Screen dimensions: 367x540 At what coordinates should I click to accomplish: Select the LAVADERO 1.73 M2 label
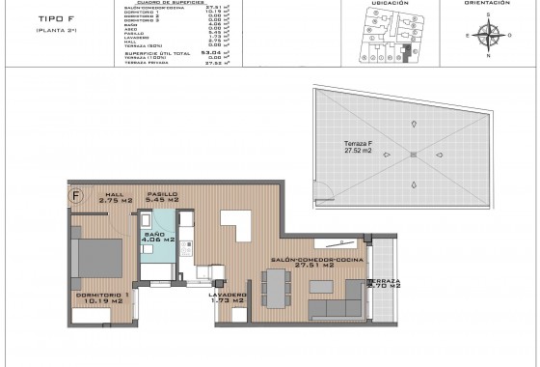(x=227, y=297)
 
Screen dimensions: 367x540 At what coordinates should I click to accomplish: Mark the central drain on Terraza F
(x=412, y=155)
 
